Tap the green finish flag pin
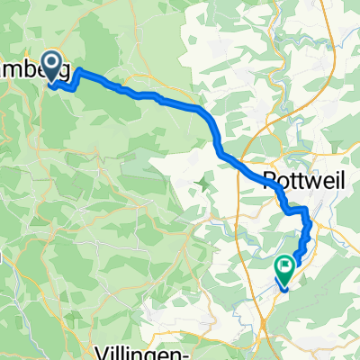coord(285,266)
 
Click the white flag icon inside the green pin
coord(285,265)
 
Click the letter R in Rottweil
coord(270,178)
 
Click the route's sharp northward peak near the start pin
coord(80,69)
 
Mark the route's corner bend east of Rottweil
coord(307,211)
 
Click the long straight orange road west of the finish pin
coord(243,270)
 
